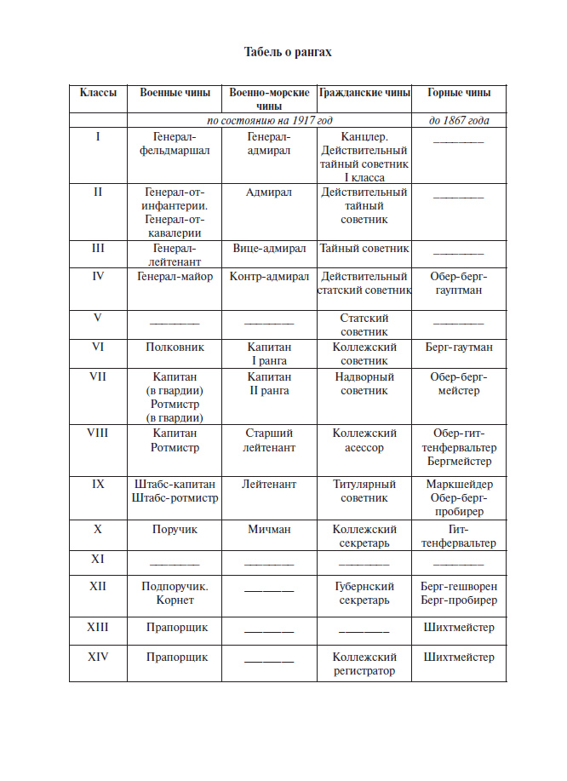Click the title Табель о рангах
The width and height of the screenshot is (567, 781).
(288, 52)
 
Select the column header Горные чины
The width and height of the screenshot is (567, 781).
(458, 93)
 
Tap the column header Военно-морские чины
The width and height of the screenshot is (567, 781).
(269, 100)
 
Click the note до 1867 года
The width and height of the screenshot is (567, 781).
(459, 120)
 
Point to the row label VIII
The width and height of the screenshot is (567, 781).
(98, 434)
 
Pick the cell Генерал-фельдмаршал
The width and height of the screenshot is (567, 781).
(175, 143)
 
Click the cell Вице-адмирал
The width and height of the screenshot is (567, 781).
(269, 249)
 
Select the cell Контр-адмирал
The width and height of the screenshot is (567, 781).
(269, 277)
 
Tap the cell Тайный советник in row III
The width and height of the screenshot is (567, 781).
(364, 249)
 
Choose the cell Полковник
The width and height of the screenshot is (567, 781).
(175, 347)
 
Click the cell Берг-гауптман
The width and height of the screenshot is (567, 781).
(459, 347)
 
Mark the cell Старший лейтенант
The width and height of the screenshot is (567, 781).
(269, 440)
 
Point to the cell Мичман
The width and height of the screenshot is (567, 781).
(269, 529)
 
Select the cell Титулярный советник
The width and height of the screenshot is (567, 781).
(364, 491)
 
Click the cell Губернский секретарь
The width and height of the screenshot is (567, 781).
(364, 593)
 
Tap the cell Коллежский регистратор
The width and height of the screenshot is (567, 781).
(364, 663)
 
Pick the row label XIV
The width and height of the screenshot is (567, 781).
(98, 657)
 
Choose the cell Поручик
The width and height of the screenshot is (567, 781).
(175, 529)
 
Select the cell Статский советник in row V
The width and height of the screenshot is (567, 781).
(364, 324)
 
